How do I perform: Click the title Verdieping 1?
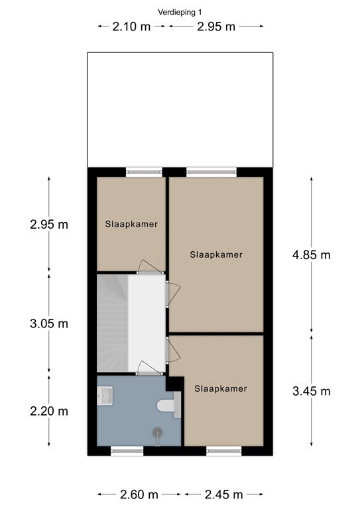(180, 13)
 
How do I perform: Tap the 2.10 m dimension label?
(131, 27)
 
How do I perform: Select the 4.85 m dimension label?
(312, 254)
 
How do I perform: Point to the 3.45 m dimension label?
(312, 391)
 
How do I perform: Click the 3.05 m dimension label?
(49, 323)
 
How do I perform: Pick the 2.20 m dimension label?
(49, 412)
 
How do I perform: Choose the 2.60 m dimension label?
(139, 494)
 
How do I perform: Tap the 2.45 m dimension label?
(224, 494)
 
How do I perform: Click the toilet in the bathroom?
(168, 405)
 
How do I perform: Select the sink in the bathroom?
(105, 396)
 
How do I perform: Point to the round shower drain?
(158, 432)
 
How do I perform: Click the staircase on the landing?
(112, 323)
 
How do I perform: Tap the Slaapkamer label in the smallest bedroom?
(131, 224)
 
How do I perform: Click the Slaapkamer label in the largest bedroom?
(216, 254)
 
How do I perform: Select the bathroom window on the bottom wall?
(127, 451)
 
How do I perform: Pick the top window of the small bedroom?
(144, 172)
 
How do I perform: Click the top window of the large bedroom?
(211, 172)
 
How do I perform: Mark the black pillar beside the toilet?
(175, 384)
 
